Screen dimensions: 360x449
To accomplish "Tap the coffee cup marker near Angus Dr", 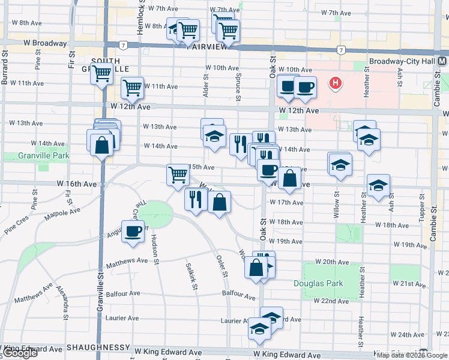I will click(x=133, y=231).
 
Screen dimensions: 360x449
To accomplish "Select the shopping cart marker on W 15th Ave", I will click(x=178, y=175).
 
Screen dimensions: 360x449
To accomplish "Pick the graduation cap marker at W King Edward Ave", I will click(x=259, y=329).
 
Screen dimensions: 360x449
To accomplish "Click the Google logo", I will click(x=20, y=353).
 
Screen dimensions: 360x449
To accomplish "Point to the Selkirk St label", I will click(x=191, y=275).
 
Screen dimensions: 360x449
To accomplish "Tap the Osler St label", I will click(x=222, y=266).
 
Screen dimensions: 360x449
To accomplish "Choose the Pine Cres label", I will click(x=17, y=228).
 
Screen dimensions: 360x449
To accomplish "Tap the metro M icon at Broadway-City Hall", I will click(x=442, y=61).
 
